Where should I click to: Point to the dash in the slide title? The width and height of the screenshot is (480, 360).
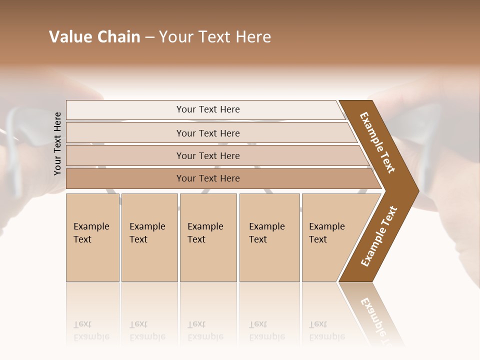(149, 37)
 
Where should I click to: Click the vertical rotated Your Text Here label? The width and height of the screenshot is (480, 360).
(57, 144)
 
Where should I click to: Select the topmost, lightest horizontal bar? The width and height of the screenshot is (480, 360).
(207, 109)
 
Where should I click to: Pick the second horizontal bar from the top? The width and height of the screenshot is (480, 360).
(207, 133)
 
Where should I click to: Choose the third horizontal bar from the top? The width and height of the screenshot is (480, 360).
(207, 156)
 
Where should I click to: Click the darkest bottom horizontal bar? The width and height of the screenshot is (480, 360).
(207, 178)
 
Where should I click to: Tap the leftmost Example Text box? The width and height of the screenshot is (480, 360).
(92, 237)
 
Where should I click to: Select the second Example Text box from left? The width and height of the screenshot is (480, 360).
(149, 237)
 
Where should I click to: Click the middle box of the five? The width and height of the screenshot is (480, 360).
(208, 237)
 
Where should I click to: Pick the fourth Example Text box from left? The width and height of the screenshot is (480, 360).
(269, 237)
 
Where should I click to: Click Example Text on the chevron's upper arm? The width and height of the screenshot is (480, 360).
(377, 142)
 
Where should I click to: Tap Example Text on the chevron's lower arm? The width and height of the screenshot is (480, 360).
(379, 236)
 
